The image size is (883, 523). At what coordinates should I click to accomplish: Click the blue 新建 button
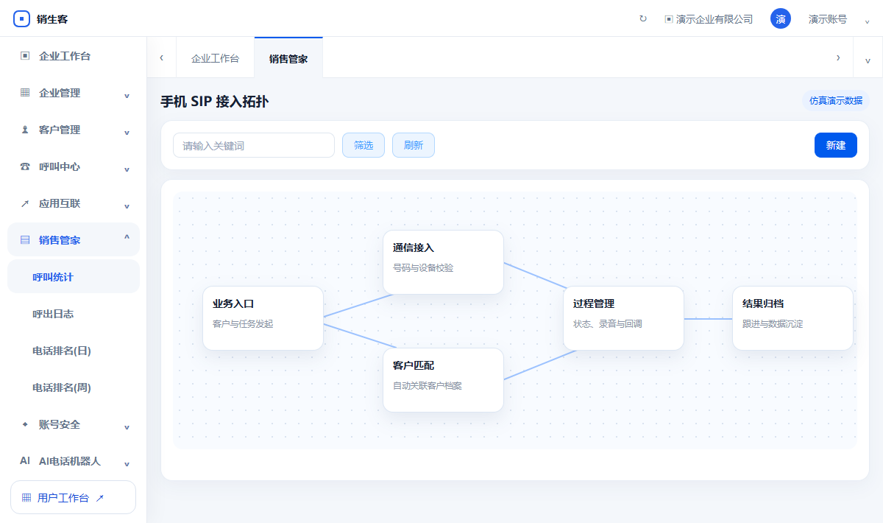click(x=835, y=145)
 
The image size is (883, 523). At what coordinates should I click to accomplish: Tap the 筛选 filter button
click(x=363, y=145)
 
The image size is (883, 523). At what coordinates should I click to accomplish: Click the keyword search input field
click(x=254, y=145)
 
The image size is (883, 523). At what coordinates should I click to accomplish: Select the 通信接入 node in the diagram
click(x=443, y=262)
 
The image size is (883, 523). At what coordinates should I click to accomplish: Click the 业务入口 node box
click(x=263, y=318)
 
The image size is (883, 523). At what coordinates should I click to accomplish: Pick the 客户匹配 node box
click(x=443, y=380)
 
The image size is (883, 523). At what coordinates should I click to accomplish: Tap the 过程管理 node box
click(x=623, y=318)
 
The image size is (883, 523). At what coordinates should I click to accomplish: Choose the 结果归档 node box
click(x=792, y=318)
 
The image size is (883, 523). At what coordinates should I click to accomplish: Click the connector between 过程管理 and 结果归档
click(x=708, y=318)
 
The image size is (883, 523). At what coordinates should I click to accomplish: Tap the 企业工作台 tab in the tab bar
click(x=215, y=58)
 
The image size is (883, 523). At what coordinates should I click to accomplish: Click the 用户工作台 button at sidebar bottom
click(x=74, y=497)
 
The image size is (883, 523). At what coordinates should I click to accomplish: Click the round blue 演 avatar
click(x=781, y=18)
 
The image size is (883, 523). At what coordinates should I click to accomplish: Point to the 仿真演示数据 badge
click(x=836, y=101)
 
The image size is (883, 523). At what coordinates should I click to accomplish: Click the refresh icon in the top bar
click(x=643, y=18)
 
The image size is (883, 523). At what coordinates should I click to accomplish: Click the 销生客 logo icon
click(x=21, y=18)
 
